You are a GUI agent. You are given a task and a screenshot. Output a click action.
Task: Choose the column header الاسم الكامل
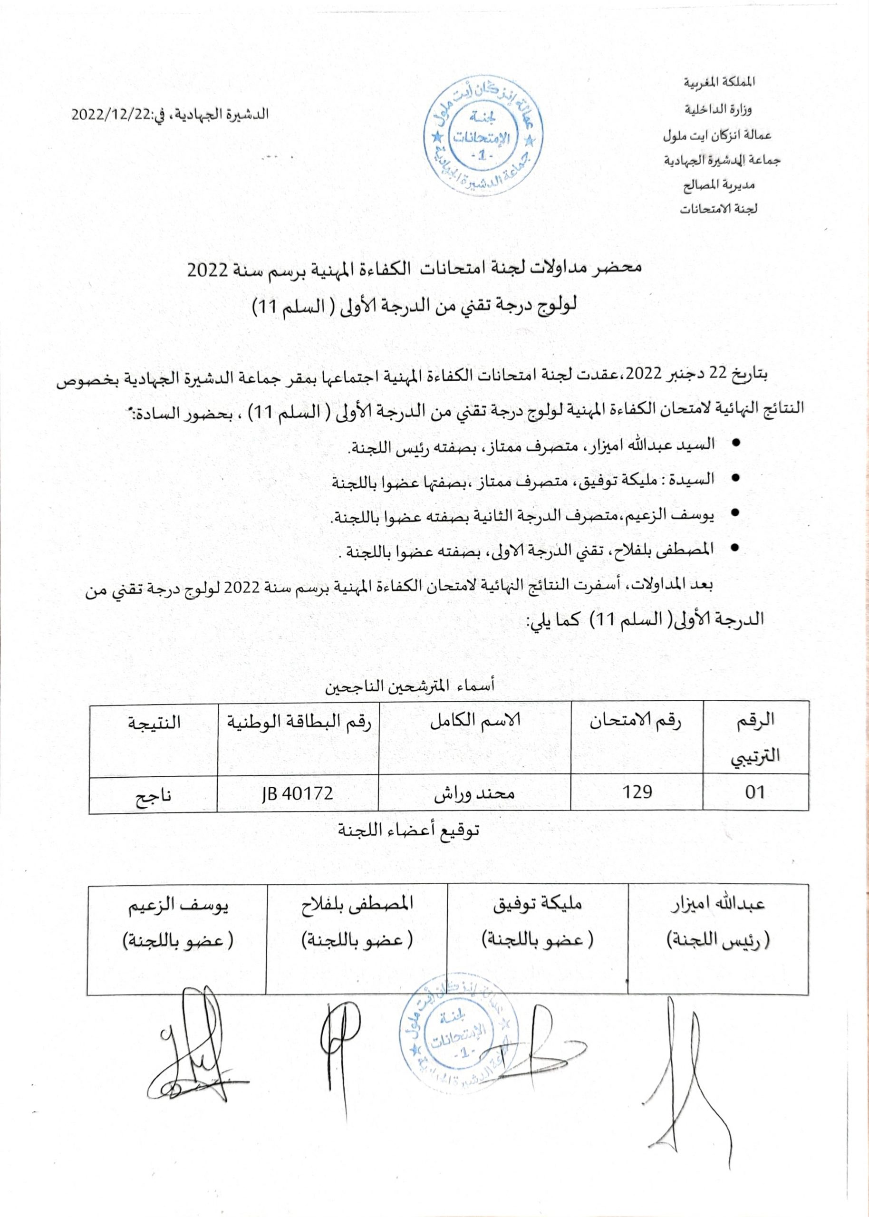474,721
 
